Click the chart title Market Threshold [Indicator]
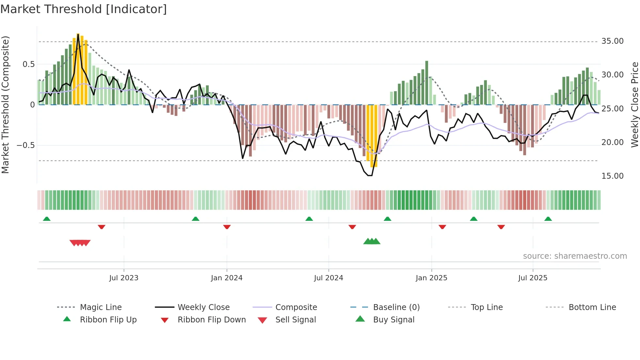pos(84,9)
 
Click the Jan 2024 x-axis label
pos(227,278)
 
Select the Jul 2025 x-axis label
pos(533,278)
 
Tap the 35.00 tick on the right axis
pos(612,41)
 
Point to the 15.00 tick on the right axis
pos(612,176)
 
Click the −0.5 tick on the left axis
pos(26,145)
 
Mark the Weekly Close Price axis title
pos(634,105)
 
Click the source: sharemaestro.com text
pos(575,256)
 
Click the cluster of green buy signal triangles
pos(372,241)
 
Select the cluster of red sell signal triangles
pos(80,243)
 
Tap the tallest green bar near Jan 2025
pos(426,82)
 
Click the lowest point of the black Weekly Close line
pos(370,175)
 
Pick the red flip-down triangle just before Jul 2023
pos(102,227)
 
